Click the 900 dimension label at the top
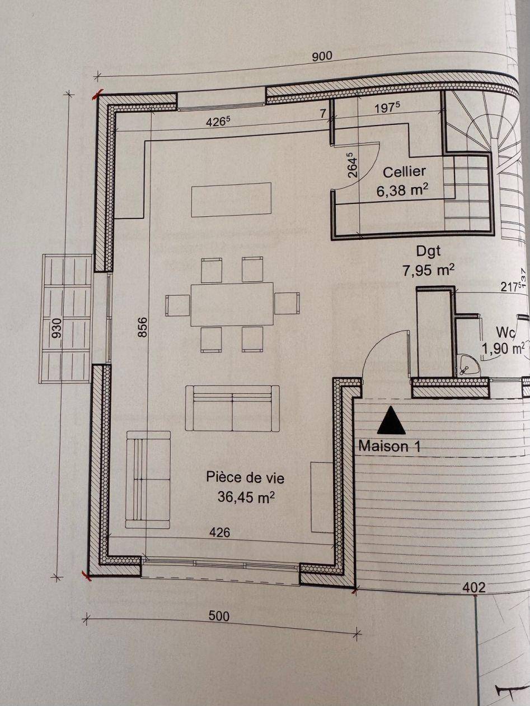(322, 56)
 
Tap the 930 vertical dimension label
(57, 329)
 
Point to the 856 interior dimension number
(142, 327)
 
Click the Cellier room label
(405, 172)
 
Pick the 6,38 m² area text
(402, 191)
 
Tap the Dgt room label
(429, 251)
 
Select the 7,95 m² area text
(429, 270)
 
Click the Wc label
(505, 332)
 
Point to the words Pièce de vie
(245, 477)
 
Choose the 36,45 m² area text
(246, 497)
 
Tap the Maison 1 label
(390, 447)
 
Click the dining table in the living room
(232, 304)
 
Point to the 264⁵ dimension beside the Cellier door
(353, 165)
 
